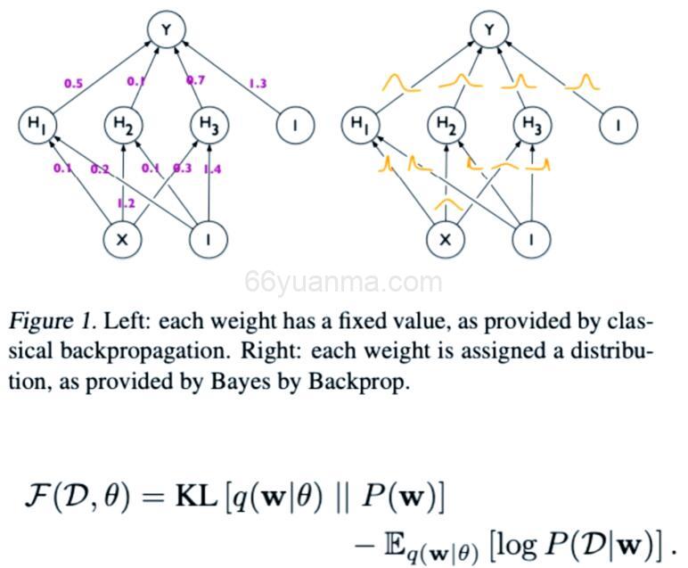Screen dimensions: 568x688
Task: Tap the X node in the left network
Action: pos(122,239)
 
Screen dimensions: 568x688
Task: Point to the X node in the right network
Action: pos(446,239)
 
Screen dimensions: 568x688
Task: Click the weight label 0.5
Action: pos(73,84)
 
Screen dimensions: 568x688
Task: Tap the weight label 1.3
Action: pos(258,84)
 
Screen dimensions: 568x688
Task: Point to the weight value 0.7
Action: pos(195,81)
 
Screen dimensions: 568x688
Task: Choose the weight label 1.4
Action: pos(212,169)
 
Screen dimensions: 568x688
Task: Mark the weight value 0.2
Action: pos(99,169)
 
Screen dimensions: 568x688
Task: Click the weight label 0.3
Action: pos(182,169)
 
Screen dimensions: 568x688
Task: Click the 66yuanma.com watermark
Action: pos(343,284)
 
